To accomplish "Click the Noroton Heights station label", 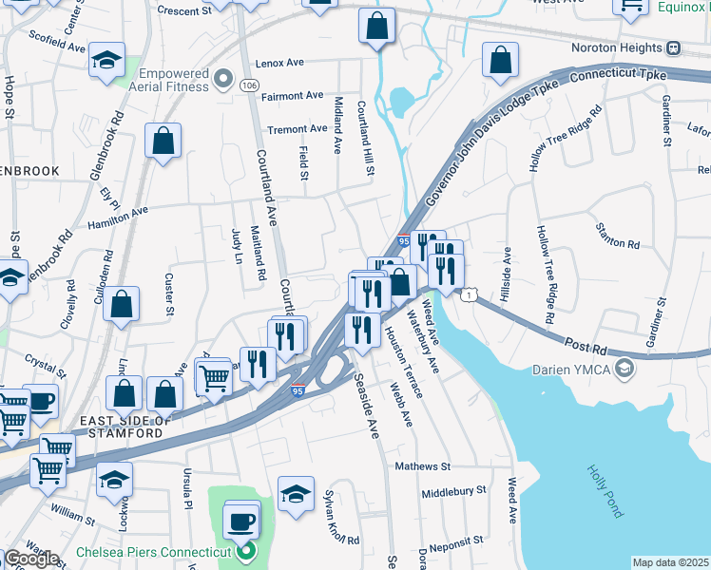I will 617,47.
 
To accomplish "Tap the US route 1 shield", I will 468,296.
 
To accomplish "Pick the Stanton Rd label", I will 617,243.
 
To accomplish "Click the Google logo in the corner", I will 30,559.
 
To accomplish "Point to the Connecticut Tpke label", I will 620,74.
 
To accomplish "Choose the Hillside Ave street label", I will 508,270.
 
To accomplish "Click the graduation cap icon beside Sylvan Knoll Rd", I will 297,493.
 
